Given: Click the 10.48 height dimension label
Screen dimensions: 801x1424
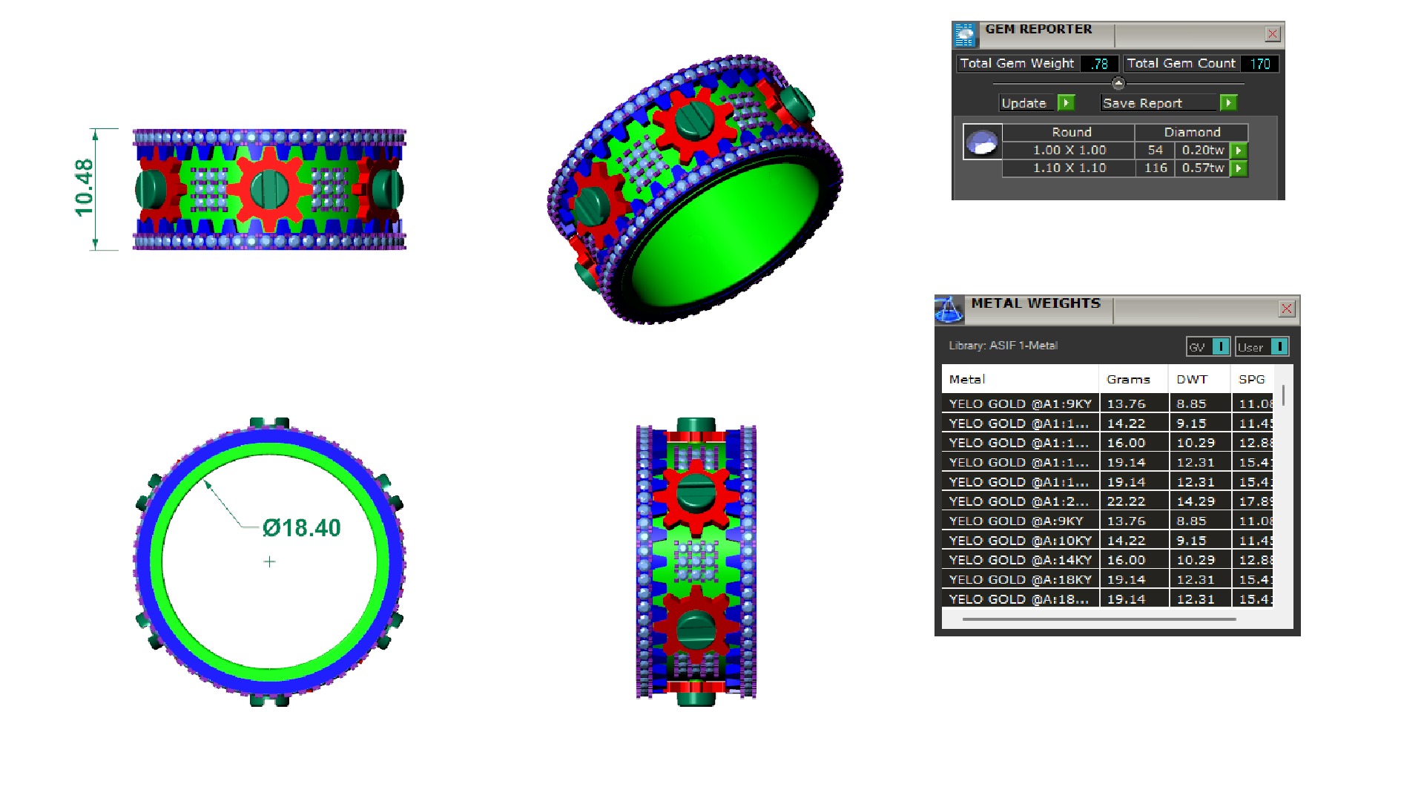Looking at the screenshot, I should tap(84, 188).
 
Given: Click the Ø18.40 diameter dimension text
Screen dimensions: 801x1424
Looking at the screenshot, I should tap(301, 528).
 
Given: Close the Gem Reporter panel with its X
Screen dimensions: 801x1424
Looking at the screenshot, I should tap(1272, 34).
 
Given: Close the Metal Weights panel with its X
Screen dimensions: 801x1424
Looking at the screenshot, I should tap(1287, 309).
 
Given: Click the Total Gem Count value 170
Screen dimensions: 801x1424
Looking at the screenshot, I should tap(1260, 64).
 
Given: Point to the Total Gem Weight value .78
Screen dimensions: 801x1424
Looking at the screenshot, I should tap(1099, 64).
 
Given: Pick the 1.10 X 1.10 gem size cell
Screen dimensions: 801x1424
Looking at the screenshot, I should tap(1069, 168).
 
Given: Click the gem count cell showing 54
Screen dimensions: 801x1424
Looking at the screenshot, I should tap(1155, 150).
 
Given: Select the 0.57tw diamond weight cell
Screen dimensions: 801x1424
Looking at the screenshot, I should tap(1202, 168).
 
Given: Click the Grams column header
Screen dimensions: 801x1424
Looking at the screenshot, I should tap(1128, 379).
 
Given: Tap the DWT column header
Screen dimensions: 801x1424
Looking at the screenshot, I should tap(1192, 379).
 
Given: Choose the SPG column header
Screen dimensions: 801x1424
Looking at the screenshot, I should tap(1251, 379).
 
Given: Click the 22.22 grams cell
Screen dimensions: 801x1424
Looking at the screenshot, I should tap(1126, 501).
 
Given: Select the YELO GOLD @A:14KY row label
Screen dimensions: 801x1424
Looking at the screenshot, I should tap(1021, 560).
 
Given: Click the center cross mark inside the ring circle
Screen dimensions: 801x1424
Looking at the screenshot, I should tap(269, 562).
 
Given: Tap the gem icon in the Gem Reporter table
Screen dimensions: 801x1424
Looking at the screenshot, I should tap(983, 142).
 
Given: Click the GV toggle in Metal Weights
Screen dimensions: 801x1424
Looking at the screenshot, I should tap(1207, 346).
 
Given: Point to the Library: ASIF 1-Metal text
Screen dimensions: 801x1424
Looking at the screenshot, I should tap(1003, 346).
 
